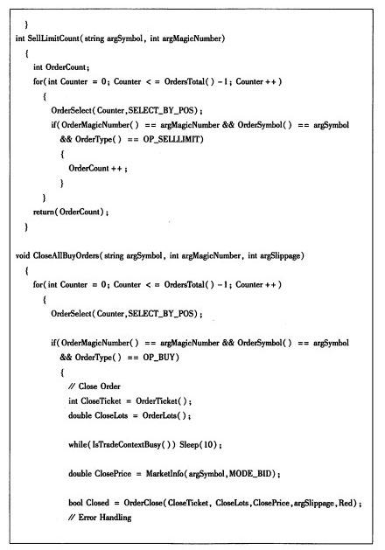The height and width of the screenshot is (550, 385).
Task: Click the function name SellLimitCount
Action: (54, 38)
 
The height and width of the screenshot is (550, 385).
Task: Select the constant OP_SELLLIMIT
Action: (172, 140)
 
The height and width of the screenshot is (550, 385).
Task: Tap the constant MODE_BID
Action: (250, 474)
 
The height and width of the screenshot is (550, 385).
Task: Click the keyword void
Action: (23, 255)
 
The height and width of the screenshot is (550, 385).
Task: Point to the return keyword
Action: (43, 212)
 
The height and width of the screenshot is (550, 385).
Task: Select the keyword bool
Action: (75, 503)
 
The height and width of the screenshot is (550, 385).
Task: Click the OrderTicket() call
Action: (162, 401)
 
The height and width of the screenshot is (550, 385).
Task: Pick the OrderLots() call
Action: (164, 415)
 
